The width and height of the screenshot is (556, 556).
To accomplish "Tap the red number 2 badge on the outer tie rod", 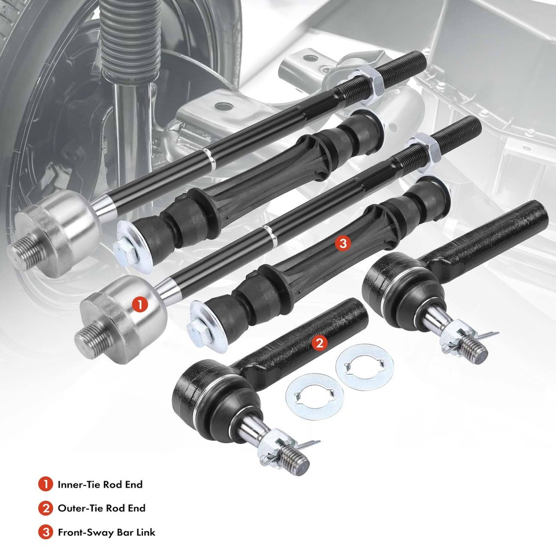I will point(319,343).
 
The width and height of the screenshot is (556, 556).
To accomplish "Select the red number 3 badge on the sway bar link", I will point(342,244).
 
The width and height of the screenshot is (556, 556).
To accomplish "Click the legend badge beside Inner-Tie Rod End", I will point(45,484).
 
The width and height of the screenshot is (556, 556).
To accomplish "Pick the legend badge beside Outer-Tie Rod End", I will point(45,509).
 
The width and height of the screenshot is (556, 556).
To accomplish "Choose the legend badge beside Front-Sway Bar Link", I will point(45,532).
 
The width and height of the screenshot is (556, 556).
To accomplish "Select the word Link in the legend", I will point(145,532).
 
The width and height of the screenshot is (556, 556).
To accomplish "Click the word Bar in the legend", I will point(123,532).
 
